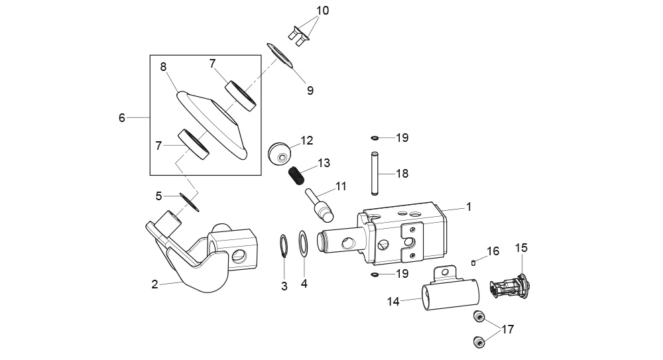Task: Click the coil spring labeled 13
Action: (296, 176)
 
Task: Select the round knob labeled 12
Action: (280, 153)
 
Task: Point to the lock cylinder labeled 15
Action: (509, 287)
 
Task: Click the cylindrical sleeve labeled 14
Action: (450, 294)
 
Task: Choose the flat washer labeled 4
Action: (303, 243)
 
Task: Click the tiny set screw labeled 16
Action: (474, 263)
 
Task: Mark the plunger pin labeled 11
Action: (320, 205)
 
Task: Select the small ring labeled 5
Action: (190, 202)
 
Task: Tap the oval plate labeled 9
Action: (280, 55)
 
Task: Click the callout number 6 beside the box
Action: (122, 117)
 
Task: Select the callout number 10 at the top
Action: (323, 11)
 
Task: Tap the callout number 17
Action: (507, 329)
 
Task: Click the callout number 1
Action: (469, 207)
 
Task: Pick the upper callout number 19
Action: (402, 138)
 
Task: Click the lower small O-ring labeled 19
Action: (375, 274)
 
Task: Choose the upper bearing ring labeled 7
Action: (240, 95)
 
